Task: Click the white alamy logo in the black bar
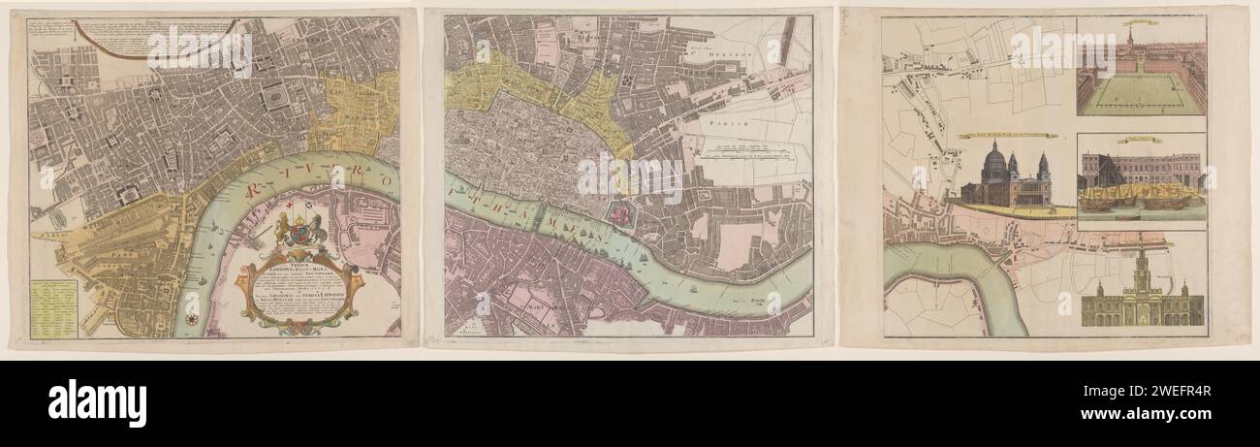point(97,402)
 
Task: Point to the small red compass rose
point(193,319)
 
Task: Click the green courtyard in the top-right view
point(1139,94)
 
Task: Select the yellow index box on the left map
point(53,308)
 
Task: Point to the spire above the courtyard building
point(1130,37)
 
